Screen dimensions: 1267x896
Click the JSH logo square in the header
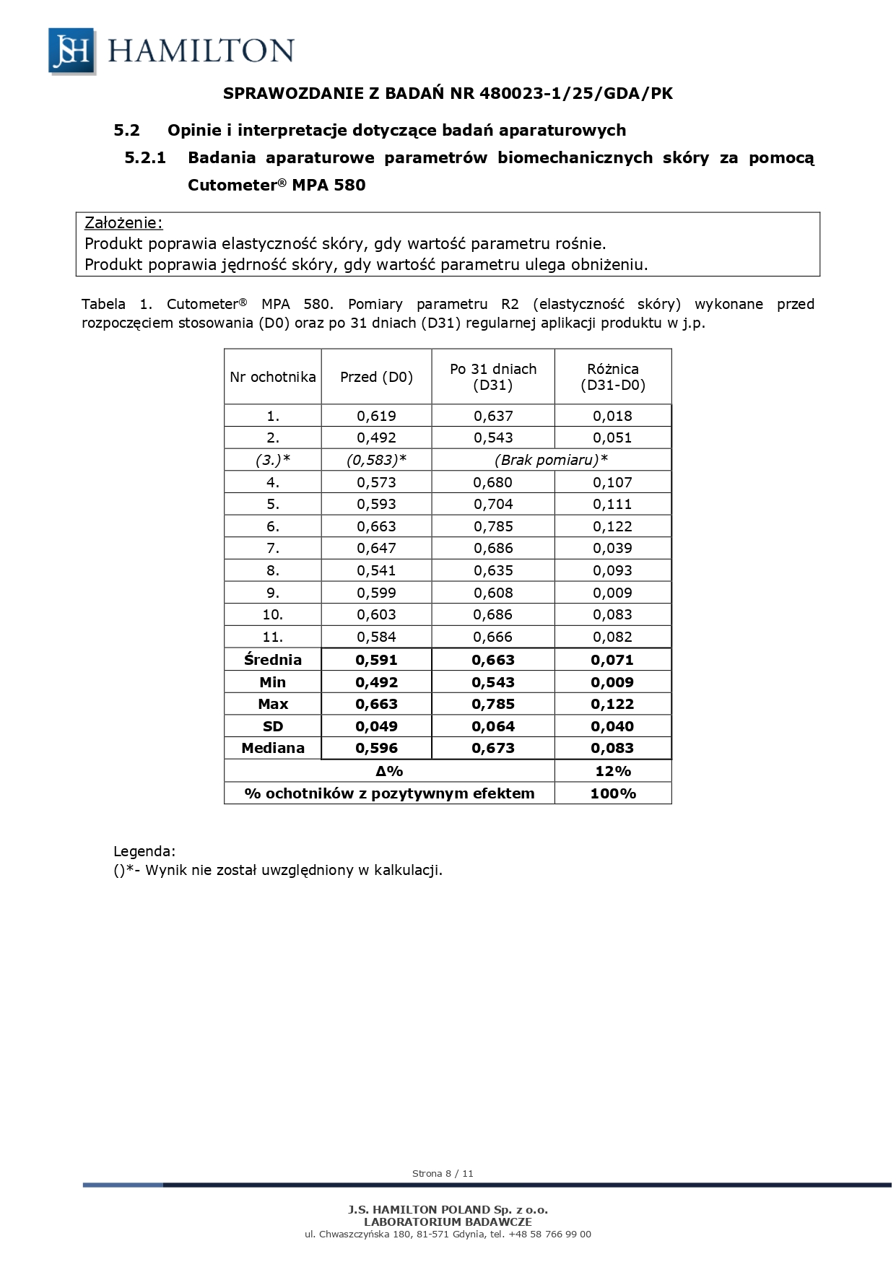[71, 51]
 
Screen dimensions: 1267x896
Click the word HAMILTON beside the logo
[201, 51]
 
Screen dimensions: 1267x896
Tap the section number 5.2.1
[145, 157]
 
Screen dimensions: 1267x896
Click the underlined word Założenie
[123, 222]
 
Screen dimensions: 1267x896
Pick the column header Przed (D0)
[376, 377]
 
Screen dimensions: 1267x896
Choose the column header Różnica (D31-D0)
[613, 377]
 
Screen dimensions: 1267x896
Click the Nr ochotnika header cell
[273, 377]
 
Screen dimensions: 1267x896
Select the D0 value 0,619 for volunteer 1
[376, 416]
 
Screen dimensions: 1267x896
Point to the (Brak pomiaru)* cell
[551, 460]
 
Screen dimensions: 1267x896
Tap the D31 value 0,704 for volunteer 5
[493, 504]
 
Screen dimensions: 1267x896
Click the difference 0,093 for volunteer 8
[612, 570]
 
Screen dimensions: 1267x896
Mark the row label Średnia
[273, 659]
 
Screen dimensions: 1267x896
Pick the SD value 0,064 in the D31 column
[493, 726]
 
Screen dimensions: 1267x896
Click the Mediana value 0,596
[376, 748]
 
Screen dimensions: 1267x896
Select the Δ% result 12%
[612, 771]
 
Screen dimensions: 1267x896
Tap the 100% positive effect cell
[612, 793]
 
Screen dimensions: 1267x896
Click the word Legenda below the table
[144, 851]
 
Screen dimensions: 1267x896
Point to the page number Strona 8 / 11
[443, 1173]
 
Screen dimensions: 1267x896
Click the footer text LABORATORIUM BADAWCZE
[448, 1222]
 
